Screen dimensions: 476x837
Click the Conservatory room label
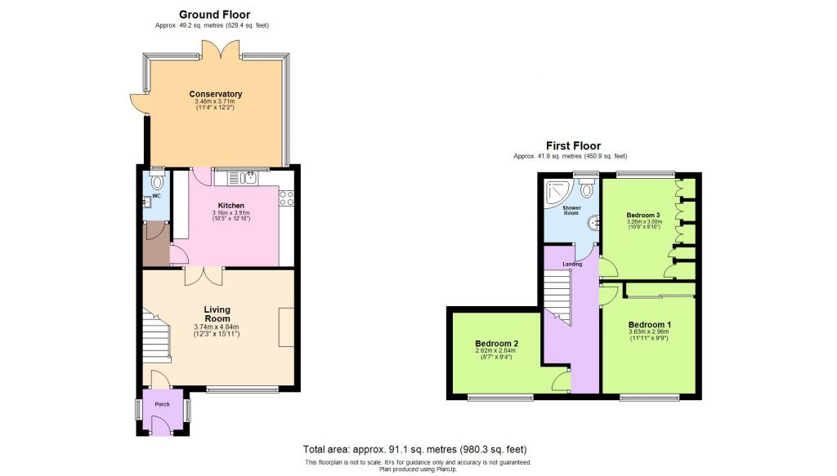tap(216, 94)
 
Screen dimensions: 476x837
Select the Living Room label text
tap(217, 314)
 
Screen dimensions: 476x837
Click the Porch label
tap(162, 403)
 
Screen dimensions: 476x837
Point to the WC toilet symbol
tap(157, 185)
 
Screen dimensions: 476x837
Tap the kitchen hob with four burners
tap(287, 198)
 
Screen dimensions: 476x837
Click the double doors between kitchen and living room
tap(203, 275)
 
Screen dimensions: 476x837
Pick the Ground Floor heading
tap(214, 14)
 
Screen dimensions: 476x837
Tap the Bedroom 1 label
tap(649, 322)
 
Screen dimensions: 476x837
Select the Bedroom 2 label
tap(497, 344)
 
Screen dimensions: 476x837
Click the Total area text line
tap(415, 449)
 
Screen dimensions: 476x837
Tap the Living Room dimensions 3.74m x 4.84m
tap(217, 327)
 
